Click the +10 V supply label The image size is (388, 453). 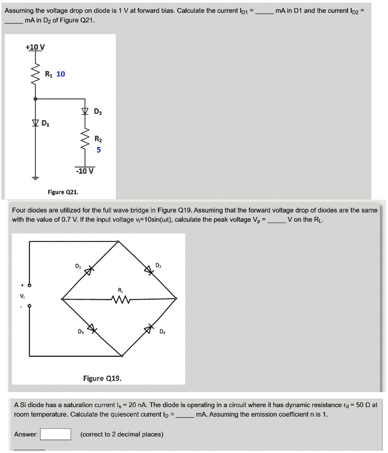click(x=35, y=47)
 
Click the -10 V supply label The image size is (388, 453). click(x=85, y=171)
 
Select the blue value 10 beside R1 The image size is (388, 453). click(x=61, y=74)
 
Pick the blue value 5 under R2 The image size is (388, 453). click(x=98, y=150)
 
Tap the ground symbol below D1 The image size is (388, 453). click(x=36, y=177)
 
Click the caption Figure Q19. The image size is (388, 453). click(x=102, y=378)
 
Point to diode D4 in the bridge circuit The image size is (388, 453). click(x=150, y=328)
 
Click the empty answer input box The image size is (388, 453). click(x=56, y=434)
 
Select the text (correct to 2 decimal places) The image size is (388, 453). click(x=122, y=434)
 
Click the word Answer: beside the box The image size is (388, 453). click(x=26, y=434)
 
